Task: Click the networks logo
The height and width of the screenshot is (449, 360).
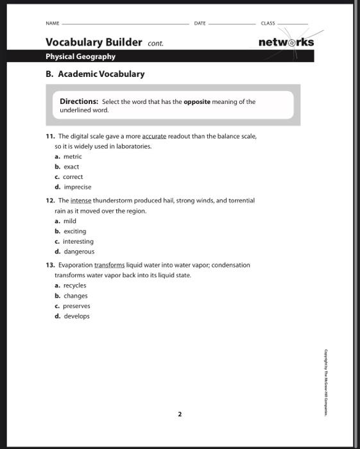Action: click(x=286, y=42)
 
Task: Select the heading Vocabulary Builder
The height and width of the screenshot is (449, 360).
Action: click(x=94, y=42)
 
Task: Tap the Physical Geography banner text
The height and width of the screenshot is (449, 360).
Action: click(x=80, y=56)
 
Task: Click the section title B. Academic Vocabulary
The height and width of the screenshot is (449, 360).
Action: click(x=95, y=74)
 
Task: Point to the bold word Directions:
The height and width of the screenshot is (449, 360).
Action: click(x=79, y=101)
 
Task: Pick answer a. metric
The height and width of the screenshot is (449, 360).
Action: click(x=69, y=157)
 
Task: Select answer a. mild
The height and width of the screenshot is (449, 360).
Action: click(x=65, y=221)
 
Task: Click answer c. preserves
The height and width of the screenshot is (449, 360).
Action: click(x=73, y=306)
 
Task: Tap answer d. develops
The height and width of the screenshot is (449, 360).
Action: click(x=73, y=316)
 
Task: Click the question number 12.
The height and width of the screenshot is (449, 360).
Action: click(x=49, y=200)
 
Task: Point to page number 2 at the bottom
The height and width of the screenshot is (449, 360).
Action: click(x=180, y=414)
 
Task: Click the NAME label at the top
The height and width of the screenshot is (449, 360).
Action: click(x=52, y=23)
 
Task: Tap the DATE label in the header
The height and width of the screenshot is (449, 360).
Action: click(x=200, y=23)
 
